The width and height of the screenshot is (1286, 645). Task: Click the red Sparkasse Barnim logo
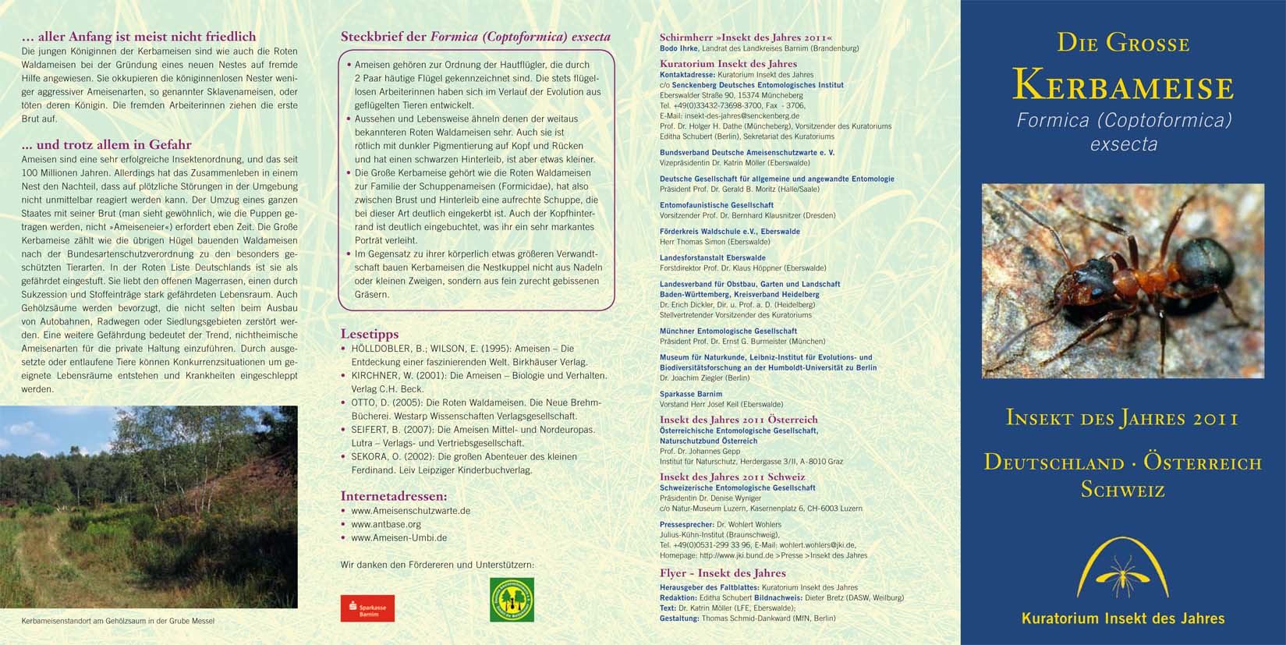(367, 608)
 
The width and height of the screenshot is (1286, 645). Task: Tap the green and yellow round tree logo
(512, 599)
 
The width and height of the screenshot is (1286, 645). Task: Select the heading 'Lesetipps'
(370, 334)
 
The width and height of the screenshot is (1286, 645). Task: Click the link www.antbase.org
(386, 524)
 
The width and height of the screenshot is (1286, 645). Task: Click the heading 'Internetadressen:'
(394, 496)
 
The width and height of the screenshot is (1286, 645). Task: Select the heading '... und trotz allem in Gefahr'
(106, 144)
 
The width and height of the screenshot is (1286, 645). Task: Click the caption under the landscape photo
(118, 621)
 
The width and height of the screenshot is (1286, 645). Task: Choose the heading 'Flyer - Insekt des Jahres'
(722, 573)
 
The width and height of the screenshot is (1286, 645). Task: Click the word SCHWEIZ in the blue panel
(1122, 490)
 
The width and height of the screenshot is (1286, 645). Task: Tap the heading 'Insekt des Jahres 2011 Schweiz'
(732, 477)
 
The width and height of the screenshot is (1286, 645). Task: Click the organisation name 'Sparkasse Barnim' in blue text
(691, 394)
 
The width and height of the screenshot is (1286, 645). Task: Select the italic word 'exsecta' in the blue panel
(1123, 144)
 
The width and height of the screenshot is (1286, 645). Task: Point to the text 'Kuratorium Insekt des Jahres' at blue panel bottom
(1123, 618)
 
